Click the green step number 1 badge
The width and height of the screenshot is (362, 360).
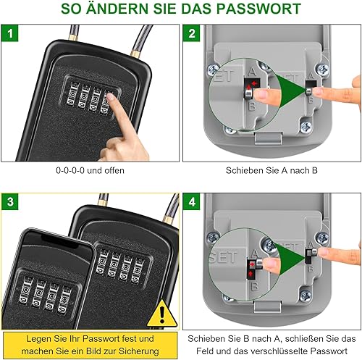tap(9, 33)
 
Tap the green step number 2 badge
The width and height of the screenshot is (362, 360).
tap(192, 33)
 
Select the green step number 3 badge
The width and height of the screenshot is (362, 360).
tap(9, 201)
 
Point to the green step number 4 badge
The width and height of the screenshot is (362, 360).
tap(192, 201)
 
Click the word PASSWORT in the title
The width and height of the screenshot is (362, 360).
tap(258, 9)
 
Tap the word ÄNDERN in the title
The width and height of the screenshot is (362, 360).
tap(117, 8)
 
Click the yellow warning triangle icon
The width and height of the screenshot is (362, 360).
tap(162, 314)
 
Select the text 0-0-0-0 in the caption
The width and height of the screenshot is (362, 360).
tap(70, 170)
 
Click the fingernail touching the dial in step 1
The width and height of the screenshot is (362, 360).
tap(111, 96)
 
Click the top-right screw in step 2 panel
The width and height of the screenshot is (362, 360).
tap(323, 70)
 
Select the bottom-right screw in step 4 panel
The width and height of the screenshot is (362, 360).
tap(306, 296)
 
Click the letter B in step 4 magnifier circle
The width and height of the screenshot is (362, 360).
tap(254, 286)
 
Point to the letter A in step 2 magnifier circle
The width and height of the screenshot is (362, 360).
tap(252, 72)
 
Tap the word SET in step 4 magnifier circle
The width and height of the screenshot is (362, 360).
tap(223, 257)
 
